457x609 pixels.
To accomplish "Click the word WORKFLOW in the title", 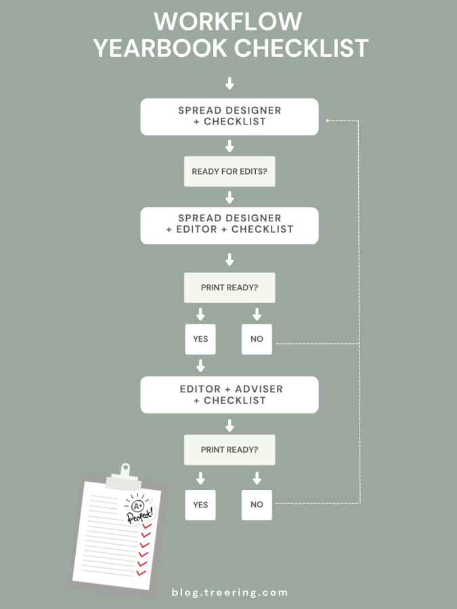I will pos(228,21).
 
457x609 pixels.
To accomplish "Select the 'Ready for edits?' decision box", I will pos(230,171).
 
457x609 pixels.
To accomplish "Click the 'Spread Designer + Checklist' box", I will pos(230,116).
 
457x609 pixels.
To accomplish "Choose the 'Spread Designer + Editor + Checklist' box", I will pos(230,224).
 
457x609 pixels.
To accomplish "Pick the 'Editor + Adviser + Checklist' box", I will pos(230,394).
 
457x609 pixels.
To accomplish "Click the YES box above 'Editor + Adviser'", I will pos(200,339).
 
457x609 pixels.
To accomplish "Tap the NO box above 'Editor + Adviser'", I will pos(257,339).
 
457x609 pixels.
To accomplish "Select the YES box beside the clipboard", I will pos(200,505).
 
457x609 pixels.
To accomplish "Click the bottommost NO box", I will pos(257,505).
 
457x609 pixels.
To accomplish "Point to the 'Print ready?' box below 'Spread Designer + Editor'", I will pos(230,288).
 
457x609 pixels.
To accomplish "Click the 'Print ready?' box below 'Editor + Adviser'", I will pos(230,450).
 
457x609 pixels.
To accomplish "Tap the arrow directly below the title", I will pos(230,83).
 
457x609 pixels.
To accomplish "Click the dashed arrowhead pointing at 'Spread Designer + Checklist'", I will pos(328,120).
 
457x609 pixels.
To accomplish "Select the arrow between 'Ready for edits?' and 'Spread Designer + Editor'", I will pos(230,198).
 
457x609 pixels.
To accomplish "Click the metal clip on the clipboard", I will pos(124,474).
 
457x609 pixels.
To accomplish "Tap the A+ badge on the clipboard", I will pos(137,505).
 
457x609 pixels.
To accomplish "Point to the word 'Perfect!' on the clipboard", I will pos(141,516).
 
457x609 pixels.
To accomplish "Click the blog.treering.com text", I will pos(230,593).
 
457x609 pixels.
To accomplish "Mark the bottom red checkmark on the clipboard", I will pos(142,572).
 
